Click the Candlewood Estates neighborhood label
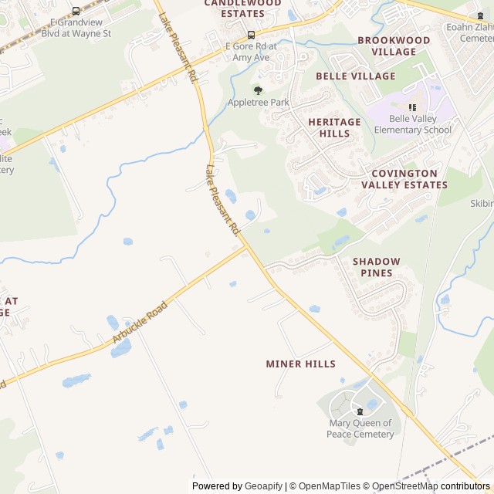tap(242, 8)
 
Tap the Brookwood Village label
tap(394, 46)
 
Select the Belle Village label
tap(355, 76)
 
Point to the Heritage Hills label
tap(334, 127)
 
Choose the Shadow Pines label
tap(377, 267)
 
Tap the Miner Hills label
tap(300, 364)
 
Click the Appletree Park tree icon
tap(258, 90)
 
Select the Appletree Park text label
tap(258, 103)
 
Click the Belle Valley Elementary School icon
tap(412, 107)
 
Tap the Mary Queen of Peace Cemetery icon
tap(360, 411)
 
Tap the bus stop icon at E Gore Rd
tap(251, 35)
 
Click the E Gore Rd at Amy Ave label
tap(251, 52)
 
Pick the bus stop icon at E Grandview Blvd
tap(76, 11)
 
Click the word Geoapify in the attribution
tap(263, 486)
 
